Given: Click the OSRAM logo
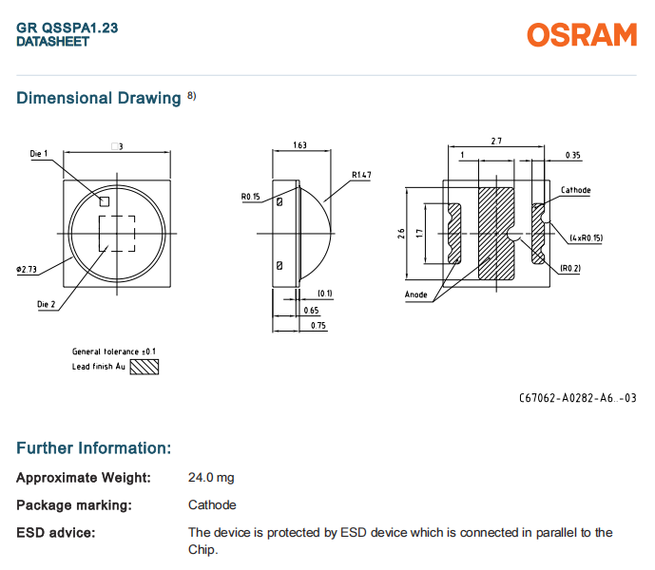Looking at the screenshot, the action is (x=582, y=35).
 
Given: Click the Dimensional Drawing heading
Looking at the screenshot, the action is (x=99, y=98).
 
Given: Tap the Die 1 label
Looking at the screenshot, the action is (x=38, y=154).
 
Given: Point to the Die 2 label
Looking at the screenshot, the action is (x=46, y=304).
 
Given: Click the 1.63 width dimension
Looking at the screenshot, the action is (x=299, y=145).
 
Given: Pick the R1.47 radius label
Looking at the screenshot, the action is (x=360, y=175).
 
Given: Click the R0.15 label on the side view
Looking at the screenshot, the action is (x=250, y=197).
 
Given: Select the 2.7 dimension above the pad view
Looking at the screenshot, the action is (x=496, y=142).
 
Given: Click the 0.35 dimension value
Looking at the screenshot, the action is (x=572, y=155).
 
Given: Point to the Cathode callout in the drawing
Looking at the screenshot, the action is (x=575, y=190).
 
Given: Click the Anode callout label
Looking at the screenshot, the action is (x=416, y=294).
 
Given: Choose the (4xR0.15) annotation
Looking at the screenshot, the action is (x=588, y=237).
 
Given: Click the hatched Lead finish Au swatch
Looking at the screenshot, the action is (x=144, y=366).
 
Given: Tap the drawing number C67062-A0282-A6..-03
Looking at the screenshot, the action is (x=577, y=398).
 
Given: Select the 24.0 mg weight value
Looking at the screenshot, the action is (x=210, y=478).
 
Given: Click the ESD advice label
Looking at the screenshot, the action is (x=56, y=532).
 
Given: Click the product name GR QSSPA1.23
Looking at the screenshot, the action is (x=67, y=28).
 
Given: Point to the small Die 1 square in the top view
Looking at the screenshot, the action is (x=106, y=200).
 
